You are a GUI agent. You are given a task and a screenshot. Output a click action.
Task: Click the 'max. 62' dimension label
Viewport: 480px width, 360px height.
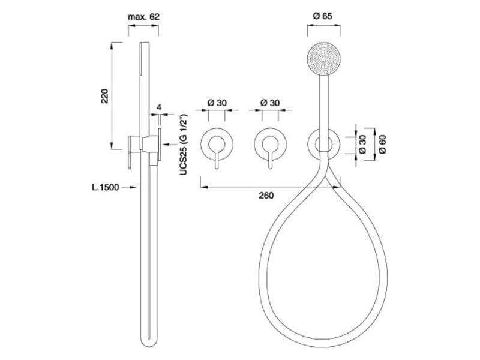[143, 17]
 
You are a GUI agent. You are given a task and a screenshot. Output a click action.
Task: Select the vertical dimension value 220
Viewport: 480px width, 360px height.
[105, 96]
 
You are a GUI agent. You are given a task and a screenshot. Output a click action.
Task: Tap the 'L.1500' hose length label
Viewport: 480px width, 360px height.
[106, 187]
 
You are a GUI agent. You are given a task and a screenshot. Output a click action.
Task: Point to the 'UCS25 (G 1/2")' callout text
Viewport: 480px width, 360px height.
[184, 145]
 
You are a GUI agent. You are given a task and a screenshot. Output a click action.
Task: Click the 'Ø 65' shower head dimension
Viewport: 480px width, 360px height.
[323, 16]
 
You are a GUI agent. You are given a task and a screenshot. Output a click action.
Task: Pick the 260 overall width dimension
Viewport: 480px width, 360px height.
[266, 196]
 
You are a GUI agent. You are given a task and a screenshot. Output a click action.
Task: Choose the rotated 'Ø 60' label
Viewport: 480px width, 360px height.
[382, 144]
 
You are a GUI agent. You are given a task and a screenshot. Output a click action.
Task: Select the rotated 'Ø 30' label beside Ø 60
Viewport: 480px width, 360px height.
[362, 144]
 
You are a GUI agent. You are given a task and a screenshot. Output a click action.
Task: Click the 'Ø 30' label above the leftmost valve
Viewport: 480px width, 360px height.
[217, 103]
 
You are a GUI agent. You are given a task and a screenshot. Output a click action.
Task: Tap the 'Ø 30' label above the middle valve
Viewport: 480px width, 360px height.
[270, 103]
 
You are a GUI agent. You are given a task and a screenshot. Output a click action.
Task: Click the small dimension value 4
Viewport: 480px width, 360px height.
[159, 107]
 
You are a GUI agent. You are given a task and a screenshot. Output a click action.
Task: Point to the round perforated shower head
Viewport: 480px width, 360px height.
[323, 58]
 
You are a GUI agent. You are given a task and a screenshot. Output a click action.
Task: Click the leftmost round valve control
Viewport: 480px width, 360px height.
[217, 144]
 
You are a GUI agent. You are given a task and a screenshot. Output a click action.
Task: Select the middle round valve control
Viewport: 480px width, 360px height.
[271, 144]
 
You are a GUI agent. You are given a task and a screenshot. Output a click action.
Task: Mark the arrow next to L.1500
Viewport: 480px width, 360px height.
[129, 187]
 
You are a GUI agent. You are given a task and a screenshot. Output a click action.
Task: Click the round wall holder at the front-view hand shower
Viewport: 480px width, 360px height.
[323, 130]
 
